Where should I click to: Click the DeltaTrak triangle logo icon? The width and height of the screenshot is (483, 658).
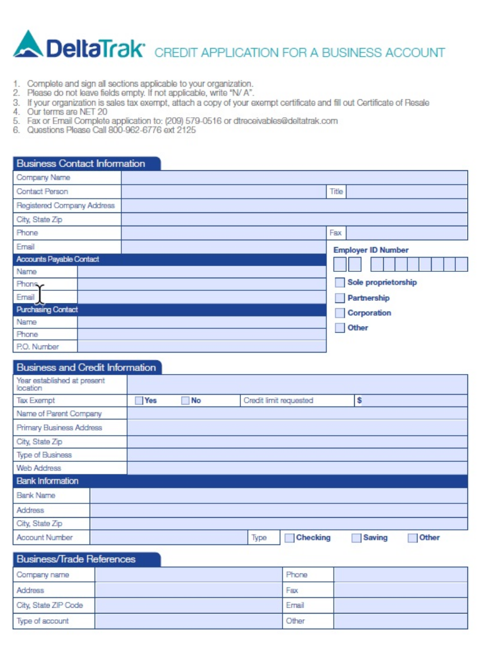[x=28, y=44]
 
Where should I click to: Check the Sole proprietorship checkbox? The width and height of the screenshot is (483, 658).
[x=340, y=283]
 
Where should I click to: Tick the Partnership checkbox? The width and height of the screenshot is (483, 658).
[x=340, y=298]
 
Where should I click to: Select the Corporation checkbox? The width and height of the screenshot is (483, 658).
[x=340, y=313]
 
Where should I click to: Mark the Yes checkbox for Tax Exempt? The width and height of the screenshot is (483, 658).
[x=139, y=401]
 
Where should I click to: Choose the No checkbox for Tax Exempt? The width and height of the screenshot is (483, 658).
[x=185, y=401]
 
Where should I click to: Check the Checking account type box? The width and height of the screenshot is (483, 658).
[x=289, y=538]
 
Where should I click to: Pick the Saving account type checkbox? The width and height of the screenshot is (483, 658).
[x=356, y=538]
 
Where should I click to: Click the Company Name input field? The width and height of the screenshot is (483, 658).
[x=294, y=178]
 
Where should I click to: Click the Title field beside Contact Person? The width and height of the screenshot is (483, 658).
[x=406, y=192]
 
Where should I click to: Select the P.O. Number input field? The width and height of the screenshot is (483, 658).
[x=202, y=347]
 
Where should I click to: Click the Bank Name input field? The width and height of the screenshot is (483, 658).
[x=278, y=496]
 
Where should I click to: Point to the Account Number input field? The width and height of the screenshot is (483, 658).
[x=169, y=538]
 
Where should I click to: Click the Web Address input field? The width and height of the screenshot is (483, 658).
[x=297, y=468]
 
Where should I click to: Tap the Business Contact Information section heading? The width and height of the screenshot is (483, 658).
[x=81, y=164]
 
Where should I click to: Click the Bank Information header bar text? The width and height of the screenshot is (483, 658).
[x=47, y=481]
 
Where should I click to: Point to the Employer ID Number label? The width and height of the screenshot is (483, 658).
[x=371, y=251]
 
